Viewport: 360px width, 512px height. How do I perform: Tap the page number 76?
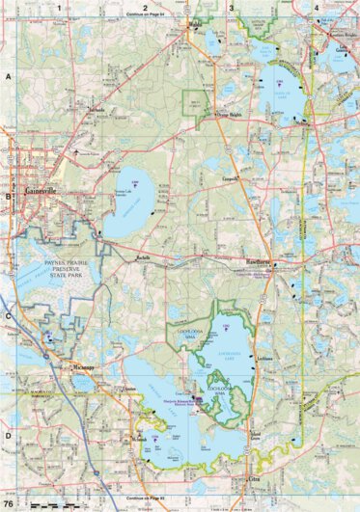coord(9,504)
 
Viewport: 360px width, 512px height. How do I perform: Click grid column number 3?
coord(232,7)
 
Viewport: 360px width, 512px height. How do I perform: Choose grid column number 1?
coord(59,7)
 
